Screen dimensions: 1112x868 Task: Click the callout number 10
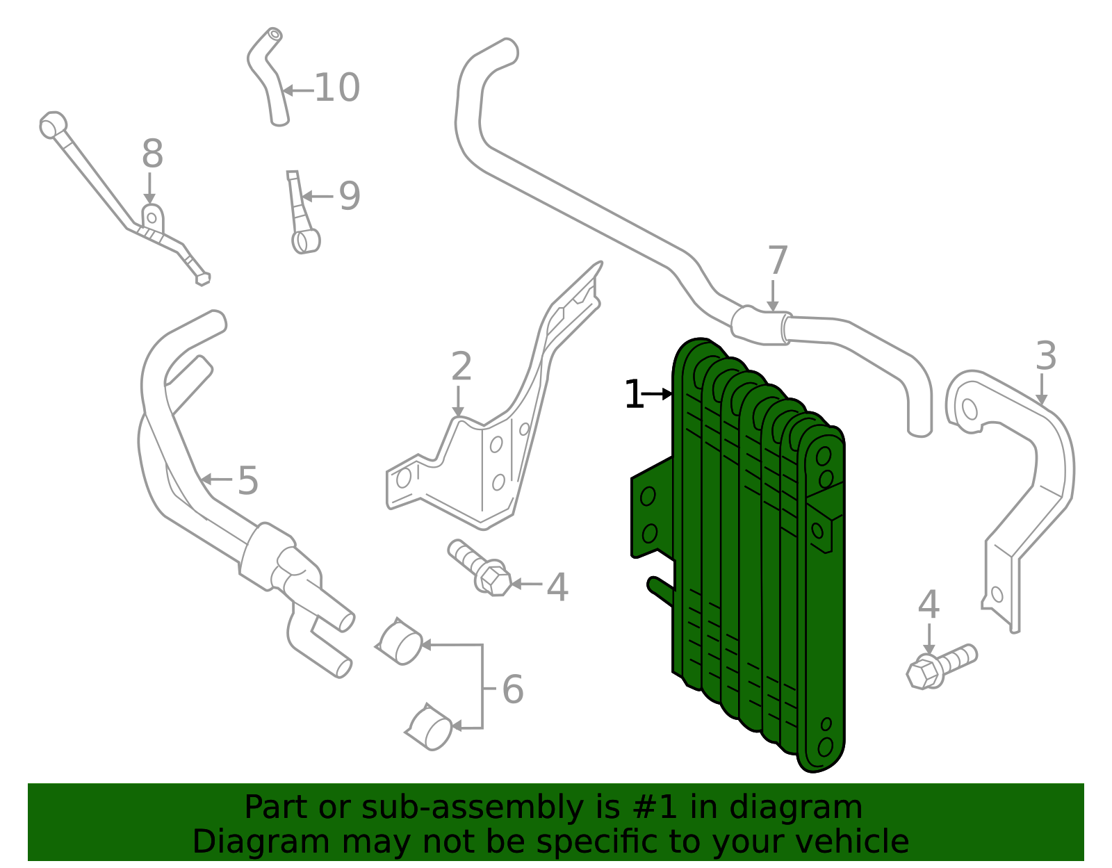click(x=336, y=88)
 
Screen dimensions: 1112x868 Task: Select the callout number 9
click(x=350, y=196)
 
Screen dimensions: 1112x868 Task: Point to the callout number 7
click(x=778, y=261)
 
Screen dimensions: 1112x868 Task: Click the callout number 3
click(x=1046, y=356)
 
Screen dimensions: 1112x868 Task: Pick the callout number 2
click(x=461, y=366)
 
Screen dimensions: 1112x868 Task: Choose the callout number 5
click(x=248, y=480)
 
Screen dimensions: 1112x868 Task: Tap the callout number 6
click(x=514, y=689)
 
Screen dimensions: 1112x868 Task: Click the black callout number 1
click(x=634, y=394)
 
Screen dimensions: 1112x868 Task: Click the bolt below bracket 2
click(x=480, y=568)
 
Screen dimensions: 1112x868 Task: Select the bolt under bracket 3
click(x=940, y=666)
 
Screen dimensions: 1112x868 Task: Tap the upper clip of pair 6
click(x=400, y=642)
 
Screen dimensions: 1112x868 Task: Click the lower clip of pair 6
click(x=430, y=727)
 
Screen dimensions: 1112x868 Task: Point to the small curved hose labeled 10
click(x=268, y=76)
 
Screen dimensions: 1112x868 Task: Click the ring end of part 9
click(x=306, y=241)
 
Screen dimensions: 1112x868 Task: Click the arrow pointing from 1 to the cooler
click(x=657, y=394)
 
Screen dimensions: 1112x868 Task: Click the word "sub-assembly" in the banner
click(x=473, y=808)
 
